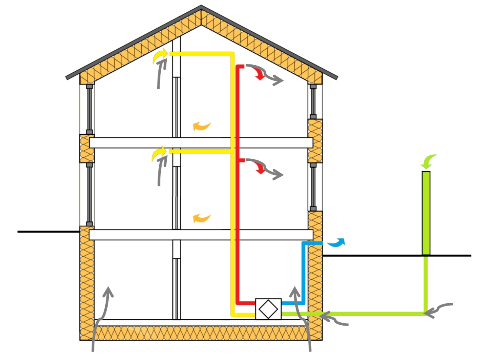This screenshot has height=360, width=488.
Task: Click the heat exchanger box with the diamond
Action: click(x=268, y=309)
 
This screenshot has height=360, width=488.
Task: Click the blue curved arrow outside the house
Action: click(x=336, y=242)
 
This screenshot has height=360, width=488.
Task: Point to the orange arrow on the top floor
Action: click(x=201, y=126)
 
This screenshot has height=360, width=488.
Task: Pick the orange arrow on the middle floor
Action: click(x=201, y=218)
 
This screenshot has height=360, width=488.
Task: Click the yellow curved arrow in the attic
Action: click(x=160, y=56)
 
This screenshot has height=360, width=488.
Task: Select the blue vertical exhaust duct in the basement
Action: click(x=303, y=272)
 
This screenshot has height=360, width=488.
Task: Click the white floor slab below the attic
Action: click(x=200, y=143)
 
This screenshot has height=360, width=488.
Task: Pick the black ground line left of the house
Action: click(x=48, y=232)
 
